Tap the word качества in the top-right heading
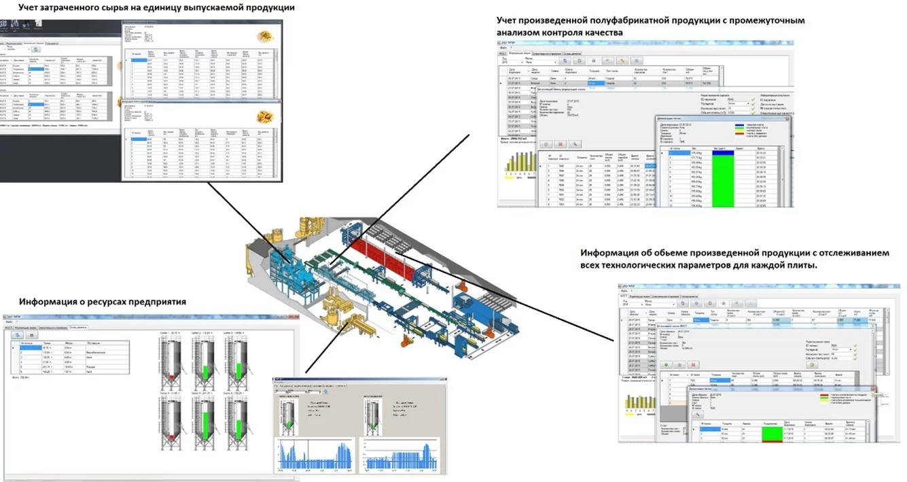coord(598,32)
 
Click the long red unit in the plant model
coord(387,260)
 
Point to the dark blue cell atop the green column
coord(723,153)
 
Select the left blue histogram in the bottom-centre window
coord(315,455)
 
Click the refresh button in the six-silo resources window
coord(18,335)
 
